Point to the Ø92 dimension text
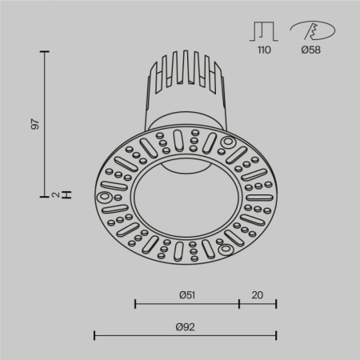[x=186, y=326]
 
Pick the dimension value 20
[x=258, y=294]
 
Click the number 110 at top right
[x=264, y=50]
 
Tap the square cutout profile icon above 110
[x=264, y=31]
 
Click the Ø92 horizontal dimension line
[x=186, y=335]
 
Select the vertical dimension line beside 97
[x=46, y=123]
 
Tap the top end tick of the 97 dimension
[x=46, y=51]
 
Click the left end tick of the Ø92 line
[x=95, y=335]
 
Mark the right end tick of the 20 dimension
[x=276, y=303]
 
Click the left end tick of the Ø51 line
[x=135, y=303]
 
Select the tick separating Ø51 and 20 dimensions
[x=239, y=303]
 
